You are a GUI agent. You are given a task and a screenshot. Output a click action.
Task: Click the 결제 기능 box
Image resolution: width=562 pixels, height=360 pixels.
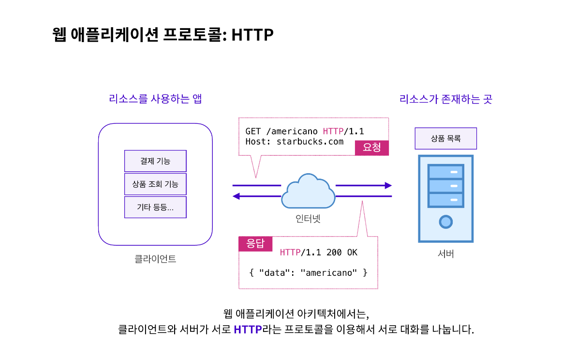(155, 161)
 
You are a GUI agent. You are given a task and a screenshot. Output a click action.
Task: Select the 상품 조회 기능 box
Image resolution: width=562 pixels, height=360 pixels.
(155, 184)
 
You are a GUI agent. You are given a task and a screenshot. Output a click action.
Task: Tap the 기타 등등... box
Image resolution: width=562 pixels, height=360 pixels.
(155, 207)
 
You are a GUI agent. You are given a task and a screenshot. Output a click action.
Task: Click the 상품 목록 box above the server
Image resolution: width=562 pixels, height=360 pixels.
(445, 138)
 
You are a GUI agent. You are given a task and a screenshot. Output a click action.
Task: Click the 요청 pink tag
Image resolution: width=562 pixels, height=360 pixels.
(371, 148)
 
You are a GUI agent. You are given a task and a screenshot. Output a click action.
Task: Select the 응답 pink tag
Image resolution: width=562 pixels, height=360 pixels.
(255, 243)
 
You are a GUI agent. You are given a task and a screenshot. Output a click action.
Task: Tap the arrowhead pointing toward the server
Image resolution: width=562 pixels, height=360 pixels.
(388, 185)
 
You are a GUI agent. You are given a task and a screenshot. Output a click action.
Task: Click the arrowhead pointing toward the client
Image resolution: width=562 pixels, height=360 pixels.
(237, 196)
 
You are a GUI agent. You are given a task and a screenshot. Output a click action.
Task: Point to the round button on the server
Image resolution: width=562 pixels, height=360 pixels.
(445, 222)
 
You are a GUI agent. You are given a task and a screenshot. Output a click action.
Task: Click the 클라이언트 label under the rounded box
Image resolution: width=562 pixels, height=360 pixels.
(155, 259)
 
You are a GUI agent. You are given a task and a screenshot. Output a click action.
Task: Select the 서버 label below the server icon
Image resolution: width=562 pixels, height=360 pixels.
(445, 254)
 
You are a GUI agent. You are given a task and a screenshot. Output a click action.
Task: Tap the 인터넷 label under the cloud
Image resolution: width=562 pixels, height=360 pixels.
(308, 219)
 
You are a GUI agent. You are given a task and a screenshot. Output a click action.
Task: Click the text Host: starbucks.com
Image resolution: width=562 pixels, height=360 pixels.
(294, 142)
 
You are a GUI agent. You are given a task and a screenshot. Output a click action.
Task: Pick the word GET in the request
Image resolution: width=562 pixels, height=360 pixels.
(253, 131)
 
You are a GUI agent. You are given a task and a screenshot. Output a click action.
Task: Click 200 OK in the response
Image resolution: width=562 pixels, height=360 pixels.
(341, 252)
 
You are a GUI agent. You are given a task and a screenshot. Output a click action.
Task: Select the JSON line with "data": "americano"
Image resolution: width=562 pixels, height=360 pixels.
(308, 272)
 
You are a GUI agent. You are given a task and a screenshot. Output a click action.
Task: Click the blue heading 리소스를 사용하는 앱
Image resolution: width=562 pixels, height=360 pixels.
(155, 99)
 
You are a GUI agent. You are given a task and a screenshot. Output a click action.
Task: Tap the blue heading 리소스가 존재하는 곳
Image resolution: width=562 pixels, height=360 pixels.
(445, 99)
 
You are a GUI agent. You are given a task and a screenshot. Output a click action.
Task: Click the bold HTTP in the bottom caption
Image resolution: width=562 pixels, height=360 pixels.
(247, 330)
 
